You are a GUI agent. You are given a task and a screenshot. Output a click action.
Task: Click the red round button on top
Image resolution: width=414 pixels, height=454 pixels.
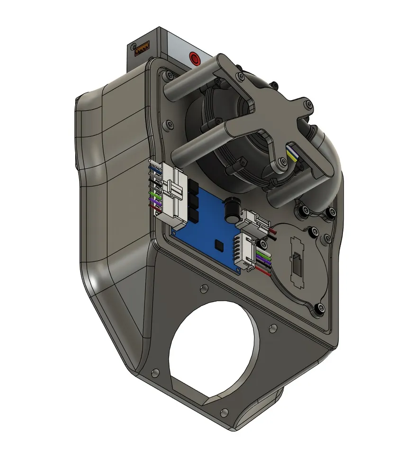pos(194,59)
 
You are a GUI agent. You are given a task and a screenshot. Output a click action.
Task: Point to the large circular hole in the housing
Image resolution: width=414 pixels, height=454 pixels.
pos(216,342)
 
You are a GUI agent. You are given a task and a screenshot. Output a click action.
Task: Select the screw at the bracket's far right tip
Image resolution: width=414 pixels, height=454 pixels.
pos(309,104)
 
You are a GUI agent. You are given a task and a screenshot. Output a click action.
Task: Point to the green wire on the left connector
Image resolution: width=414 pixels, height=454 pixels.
pos(154,194)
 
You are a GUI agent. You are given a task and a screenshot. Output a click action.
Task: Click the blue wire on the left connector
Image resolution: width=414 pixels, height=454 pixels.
pos(153,168)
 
